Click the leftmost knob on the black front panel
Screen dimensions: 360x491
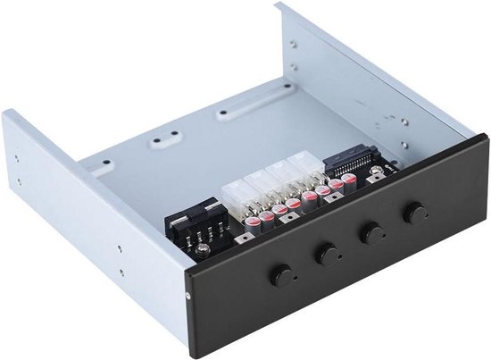[283, 273]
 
